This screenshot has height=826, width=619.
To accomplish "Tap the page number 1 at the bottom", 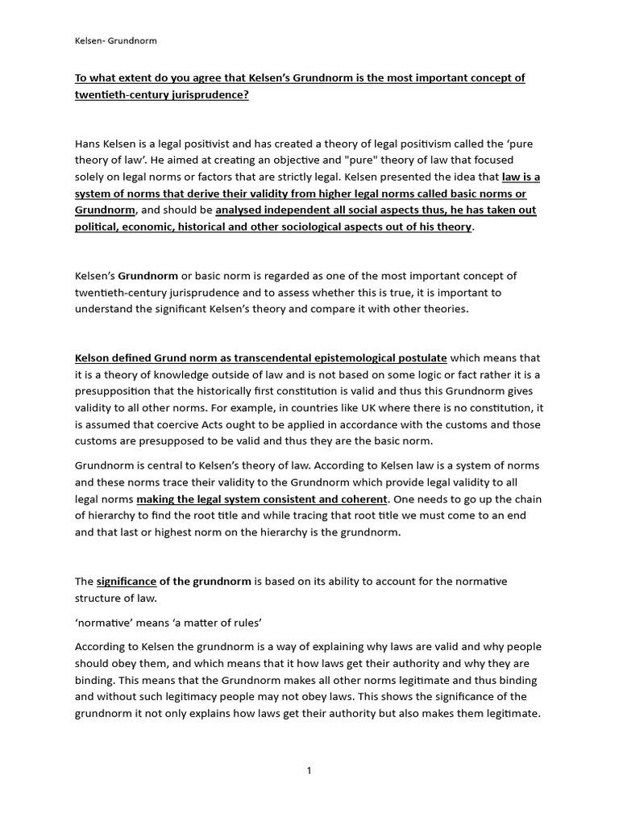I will click(x=309, y=771).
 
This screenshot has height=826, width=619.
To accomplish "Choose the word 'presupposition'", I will click(x=114, y=391).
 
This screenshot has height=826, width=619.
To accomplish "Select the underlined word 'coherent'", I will click(x=362, y=499).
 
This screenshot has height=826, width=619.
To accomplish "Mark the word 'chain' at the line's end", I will click(x=525, y=499).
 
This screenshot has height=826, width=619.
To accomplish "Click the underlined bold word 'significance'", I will click(x=127, y=581).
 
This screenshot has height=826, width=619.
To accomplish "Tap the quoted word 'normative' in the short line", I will click(x=107, y=623).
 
